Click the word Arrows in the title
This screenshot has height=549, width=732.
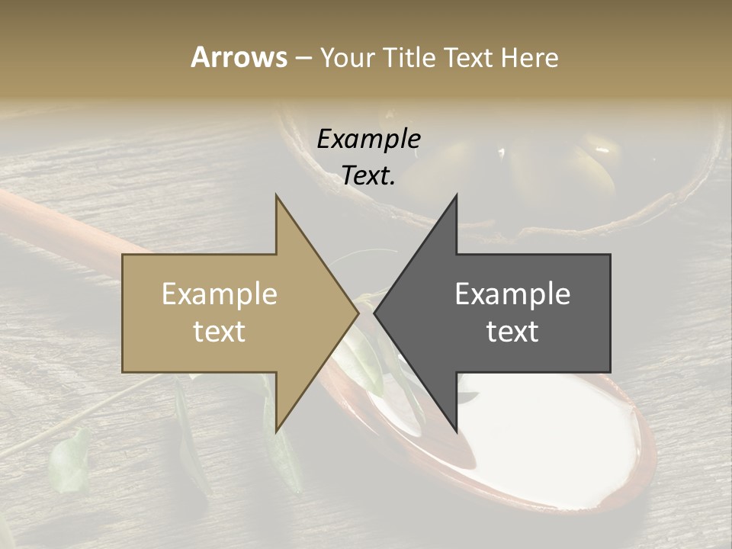[239, 57]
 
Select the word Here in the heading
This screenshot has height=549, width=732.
[529, 57]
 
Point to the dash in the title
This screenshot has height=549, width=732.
[303, 58]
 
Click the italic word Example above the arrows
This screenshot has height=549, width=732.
[368, 139]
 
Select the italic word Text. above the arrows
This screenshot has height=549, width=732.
[368, 175]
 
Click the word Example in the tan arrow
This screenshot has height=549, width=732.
[220, 294]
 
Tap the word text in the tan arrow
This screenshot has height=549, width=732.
[220, 332]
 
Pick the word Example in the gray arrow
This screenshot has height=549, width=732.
[512, 294]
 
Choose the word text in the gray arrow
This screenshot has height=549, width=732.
[512, 332]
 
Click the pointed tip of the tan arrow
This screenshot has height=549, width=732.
[357, 313]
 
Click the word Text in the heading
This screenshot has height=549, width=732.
[468, 57]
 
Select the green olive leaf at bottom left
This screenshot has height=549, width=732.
[69, 461]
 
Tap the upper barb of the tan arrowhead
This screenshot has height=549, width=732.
[278, 200]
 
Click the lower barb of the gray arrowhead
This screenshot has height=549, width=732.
[454, 427]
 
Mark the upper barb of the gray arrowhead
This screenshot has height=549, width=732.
[454, 200]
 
